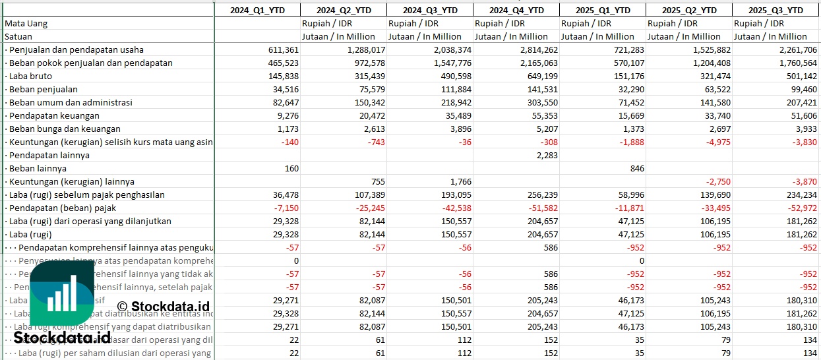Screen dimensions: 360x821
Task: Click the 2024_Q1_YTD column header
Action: click(x=257, y=10)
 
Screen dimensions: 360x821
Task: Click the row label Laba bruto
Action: click(x=30, y=76)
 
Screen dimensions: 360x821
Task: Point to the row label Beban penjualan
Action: click(x=44, y=89)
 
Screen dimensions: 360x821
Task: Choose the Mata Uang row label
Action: click(x=26, y=23)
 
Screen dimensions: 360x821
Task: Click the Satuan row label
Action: click(x=18, y=36)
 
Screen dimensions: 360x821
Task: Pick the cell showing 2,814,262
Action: click(x=535, y=49)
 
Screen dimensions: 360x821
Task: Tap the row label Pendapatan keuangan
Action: click(x=54, y=115)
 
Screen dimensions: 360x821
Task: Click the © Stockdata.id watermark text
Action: click(x=163, y=306)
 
